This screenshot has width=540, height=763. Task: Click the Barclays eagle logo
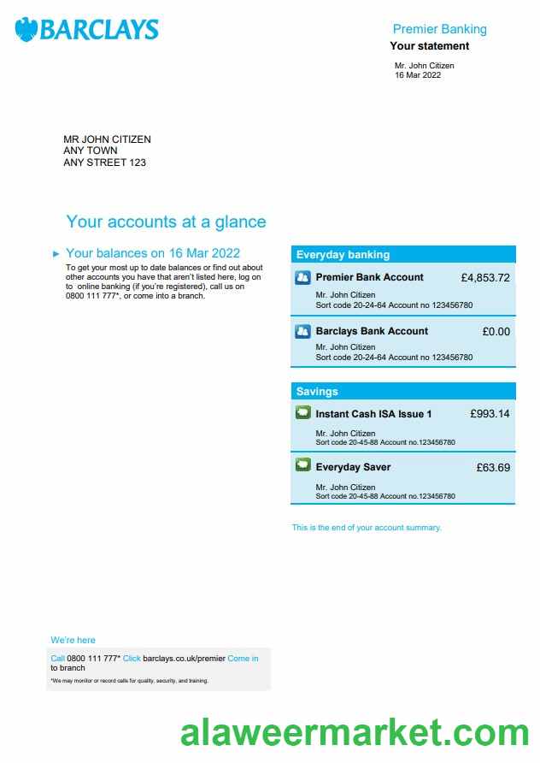coord(26,30)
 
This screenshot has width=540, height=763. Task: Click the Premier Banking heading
coord(439,29)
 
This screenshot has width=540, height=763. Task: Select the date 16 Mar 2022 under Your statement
coord(417,75)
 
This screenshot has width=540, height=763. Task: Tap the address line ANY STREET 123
coord(104,163)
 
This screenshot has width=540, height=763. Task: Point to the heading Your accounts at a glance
coord(166,222)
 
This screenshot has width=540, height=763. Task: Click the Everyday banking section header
coord(343,254)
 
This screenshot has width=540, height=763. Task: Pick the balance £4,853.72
coord(484,278)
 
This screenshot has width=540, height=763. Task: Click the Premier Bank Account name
coord(369,277)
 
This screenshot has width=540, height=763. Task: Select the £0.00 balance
coord(496,331)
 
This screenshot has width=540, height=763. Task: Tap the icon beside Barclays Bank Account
coord(302,331)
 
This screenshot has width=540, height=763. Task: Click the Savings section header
coord(317,392)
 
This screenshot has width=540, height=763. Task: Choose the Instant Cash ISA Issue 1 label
coord(373,414)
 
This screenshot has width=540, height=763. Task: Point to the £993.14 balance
coord(490,414)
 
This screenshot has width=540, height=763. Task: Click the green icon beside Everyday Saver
coord(302,466)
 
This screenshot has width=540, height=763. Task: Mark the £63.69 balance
coord(493,467)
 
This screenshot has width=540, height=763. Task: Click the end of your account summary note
coord(367,528)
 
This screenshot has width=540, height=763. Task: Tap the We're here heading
coord(73,640)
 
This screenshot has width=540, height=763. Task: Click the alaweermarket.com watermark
coord(354,734)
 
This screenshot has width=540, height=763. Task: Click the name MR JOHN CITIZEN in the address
coord(107,139)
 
